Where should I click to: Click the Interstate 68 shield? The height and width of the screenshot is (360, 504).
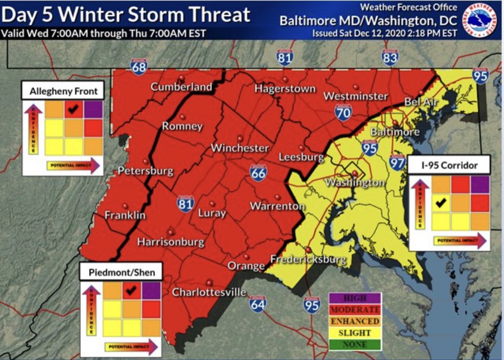[139, 67]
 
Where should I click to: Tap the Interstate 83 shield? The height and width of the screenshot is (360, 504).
[389, 58]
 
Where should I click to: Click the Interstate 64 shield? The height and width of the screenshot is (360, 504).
[258, 304]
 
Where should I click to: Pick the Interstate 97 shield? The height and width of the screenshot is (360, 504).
[397, 162]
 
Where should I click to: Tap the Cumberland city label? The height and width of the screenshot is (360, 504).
[181, 87]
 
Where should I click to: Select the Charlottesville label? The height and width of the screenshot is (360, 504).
[209, 292]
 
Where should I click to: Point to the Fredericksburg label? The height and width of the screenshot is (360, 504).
[308, 259]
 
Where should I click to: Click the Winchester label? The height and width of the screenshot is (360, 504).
[240, 148]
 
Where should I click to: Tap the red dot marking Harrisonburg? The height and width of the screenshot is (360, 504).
[170, 232]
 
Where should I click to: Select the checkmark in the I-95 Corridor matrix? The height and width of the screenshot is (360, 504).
[441, 203]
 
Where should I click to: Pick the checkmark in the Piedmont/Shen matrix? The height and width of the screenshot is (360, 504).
[130, 291]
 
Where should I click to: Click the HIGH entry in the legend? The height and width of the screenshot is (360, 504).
[355, 298]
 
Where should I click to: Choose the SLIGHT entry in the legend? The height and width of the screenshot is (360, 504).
[355, 333]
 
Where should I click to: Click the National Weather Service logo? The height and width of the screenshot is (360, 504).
[480, 19]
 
